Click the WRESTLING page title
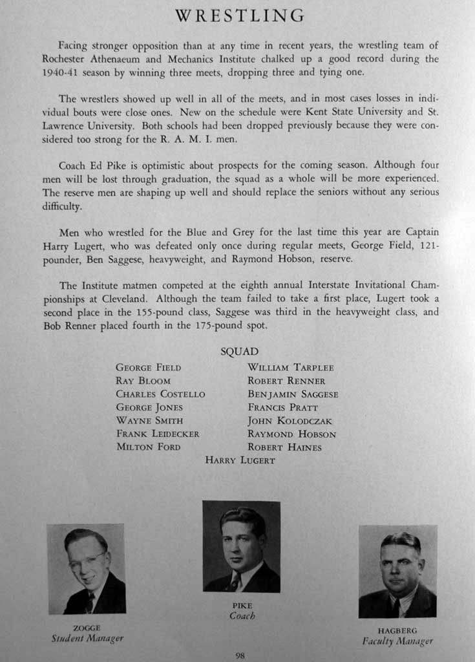tap(240, 16)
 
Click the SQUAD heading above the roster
tap(239, 352)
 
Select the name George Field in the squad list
tap(148, 368)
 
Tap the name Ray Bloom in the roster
tap(143, 381)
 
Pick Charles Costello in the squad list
tap(160, 394)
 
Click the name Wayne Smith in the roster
tap(149, 421)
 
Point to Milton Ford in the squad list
tap(148, 447)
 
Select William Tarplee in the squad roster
tap(290, 368)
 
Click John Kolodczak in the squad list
tap(290, 421)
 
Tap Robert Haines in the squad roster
tap(284, 447)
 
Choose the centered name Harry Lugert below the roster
tap(240, 460)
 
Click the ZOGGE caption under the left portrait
tap(87, 628)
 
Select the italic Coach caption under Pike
tap(242, 616)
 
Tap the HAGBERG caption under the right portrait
tap(397, 630)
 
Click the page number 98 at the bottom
tap(240, 655)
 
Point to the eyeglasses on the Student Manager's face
tap(87, 561)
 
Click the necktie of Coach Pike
tap(235, 581)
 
